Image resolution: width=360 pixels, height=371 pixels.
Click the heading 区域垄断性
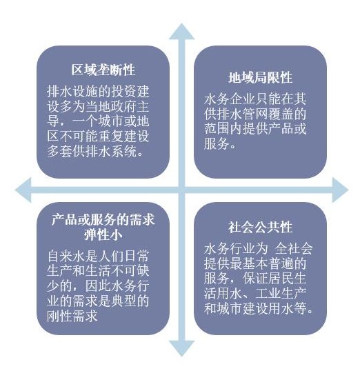pyautogui.click(x=103, y=70)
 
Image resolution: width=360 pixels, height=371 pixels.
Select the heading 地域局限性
pyautogui.click(x=261, y=78)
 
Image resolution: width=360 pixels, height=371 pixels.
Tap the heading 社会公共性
pyautogui.click(x=261, y=228)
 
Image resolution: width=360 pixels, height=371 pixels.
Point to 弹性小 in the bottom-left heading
pyautogui.click(x=103, y=235)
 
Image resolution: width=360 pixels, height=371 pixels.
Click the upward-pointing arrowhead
pyautogui.click(x=181, y=32)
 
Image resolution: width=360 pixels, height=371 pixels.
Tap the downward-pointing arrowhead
pyautogui.click(x=181, y=348)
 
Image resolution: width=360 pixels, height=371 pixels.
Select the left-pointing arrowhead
pyautogui.click(x=23, y=190)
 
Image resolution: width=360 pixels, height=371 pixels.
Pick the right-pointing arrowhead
pyautogui.click(x=340, y=190)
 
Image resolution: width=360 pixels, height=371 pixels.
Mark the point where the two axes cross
pyautogui.click(x=181, y=190)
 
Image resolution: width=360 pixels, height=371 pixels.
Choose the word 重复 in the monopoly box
pyautogui.click(x=111, y=136)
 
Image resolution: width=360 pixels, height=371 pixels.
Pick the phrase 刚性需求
pyautogui.click(x=72, y=316)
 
